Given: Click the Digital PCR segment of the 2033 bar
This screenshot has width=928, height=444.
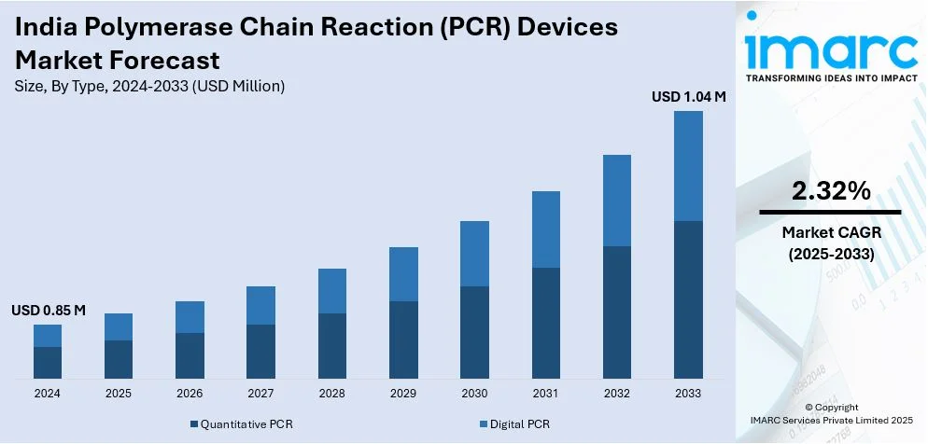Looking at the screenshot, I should point(688,166).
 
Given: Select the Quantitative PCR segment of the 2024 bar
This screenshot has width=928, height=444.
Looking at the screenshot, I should point(48,362).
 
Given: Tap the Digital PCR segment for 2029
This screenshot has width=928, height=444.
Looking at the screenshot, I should point(403,274).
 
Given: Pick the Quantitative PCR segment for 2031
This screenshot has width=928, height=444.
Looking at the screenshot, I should point(546,323).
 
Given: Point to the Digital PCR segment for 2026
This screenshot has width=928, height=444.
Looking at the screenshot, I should point(190,317).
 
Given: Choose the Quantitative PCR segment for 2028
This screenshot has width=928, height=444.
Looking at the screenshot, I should point(332,345).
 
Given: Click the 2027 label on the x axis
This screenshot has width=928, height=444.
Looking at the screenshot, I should point(260,393).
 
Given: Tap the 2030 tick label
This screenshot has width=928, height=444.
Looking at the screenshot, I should point(474,393).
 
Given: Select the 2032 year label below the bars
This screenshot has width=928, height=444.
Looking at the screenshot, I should point(617,393).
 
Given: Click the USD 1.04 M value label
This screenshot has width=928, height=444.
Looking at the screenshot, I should point(688,96).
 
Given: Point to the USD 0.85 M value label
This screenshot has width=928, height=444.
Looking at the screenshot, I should point(49,310).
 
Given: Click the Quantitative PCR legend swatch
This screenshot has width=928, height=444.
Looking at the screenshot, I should point(194,424).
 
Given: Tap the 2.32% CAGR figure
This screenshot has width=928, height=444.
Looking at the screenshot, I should point(830,191).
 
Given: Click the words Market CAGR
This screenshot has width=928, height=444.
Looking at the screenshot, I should point(831,232).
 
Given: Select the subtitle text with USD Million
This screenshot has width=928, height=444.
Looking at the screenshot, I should point(149,86).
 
